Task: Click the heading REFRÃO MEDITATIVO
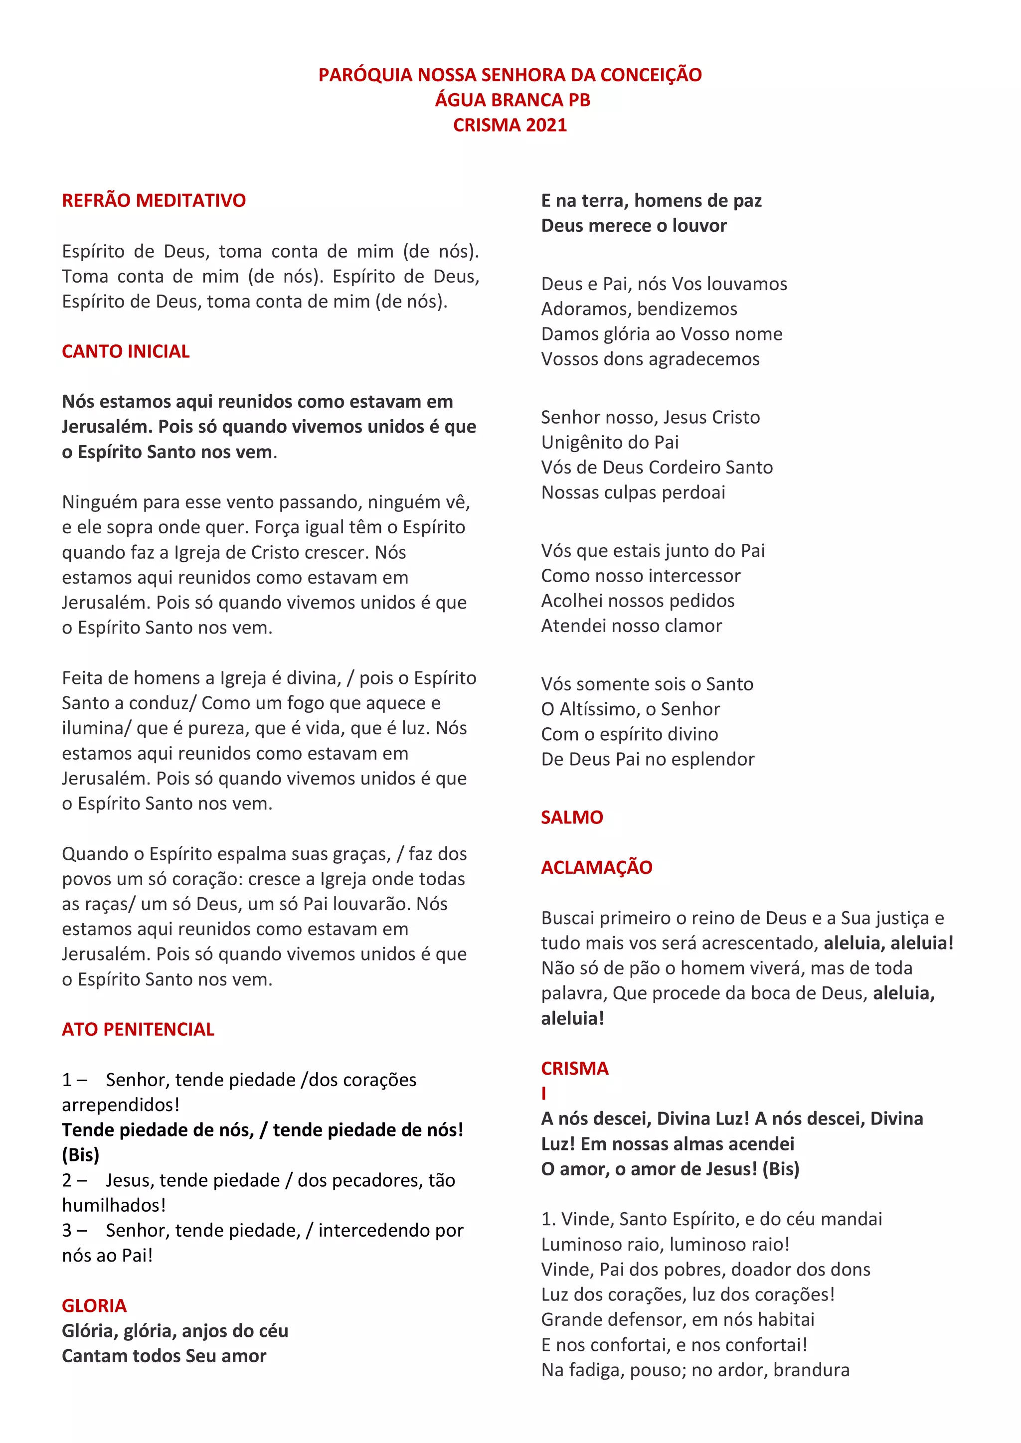[154, 200]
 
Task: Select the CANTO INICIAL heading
[126, 351]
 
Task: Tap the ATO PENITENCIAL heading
[138, 1029]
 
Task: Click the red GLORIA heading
[94, 1306]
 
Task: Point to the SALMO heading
[571, 817]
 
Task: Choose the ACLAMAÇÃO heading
[597, 867]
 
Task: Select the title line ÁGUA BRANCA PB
[512, 100]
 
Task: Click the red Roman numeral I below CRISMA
[544, 1094]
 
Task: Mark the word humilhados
[111, 1205]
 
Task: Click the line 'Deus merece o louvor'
[634, 226]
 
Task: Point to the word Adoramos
[587, 309]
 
